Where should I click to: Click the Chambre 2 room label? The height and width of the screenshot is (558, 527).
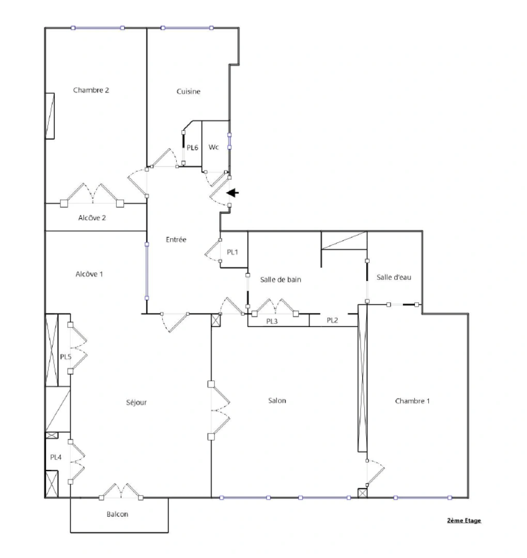91,90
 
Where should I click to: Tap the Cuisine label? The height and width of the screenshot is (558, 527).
188,91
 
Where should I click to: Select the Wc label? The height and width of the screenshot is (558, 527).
213,147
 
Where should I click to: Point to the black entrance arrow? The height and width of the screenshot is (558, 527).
233,193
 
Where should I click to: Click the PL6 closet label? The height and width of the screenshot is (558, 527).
192,148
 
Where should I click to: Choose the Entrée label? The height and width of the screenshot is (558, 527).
176,240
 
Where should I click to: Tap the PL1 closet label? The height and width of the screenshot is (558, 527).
233,252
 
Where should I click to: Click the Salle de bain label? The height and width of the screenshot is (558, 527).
281,280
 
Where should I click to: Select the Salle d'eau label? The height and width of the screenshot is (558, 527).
394,277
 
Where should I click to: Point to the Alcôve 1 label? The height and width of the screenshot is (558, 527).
89,274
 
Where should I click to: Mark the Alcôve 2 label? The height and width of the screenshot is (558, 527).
92,218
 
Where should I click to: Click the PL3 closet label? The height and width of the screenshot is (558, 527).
272,321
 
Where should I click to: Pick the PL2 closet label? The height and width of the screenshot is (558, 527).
332,321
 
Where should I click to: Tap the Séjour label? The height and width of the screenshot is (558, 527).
136,402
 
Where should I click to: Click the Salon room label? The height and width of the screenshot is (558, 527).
277,400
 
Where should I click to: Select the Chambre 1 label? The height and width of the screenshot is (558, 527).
412,401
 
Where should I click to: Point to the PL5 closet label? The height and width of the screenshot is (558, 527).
66,357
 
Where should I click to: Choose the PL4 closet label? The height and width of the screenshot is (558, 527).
56,457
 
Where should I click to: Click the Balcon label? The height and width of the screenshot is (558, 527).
117,514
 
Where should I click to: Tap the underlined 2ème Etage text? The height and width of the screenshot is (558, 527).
464,520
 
